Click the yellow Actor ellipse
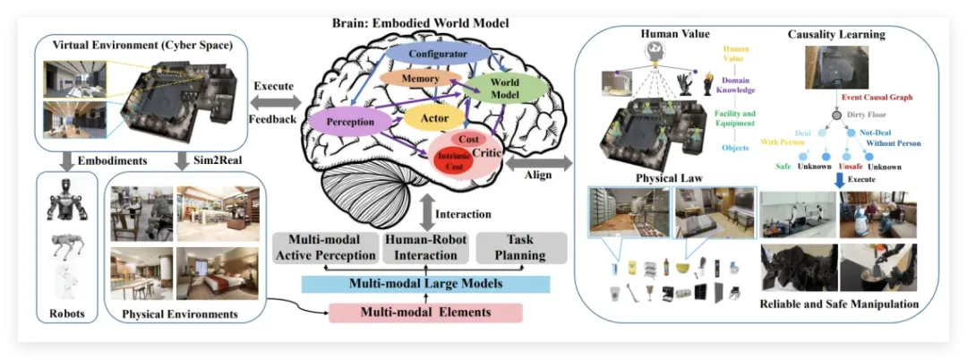click(434, 116)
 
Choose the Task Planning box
click(519, 248)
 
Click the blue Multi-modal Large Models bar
click(425, 285)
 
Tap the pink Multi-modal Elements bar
click(425, 313)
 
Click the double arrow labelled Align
click(556, 165)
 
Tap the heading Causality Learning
click(836, 35)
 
